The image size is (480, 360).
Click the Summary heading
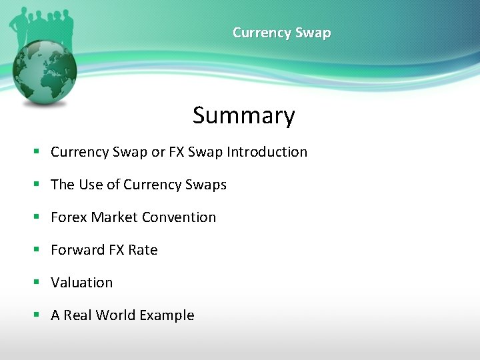[x=243, y=115]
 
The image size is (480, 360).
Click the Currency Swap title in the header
[x=281, y=33]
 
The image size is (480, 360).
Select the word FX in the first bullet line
[x=177, y=152]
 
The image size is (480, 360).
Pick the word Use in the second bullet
[x=91, y=185]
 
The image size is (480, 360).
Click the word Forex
[x=69, y=217]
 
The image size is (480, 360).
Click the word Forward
[x=78, y=250]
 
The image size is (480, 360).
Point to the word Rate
[x=143, y=250]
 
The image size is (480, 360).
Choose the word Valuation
[x=82, y=283]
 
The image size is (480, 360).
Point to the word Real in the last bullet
[x=77, y=315]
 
